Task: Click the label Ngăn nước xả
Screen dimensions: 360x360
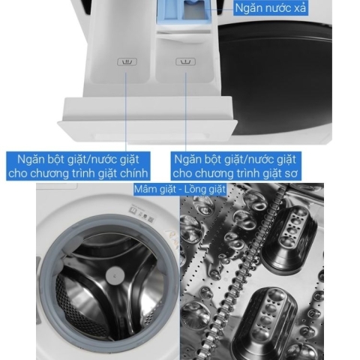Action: [270, 8]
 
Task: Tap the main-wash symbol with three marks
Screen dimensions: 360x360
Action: [127, 61]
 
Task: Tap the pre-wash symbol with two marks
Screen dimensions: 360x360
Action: [185, 61]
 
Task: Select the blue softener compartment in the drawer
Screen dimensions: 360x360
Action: [185, 12]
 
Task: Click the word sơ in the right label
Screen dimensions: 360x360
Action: [291, 173]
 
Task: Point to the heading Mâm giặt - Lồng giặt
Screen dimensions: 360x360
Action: [180, 189]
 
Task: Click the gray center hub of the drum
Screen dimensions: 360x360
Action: [115, 275]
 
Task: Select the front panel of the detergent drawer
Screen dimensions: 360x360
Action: [148, 118]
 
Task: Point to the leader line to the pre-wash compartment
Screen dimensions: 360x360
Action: [186, 112]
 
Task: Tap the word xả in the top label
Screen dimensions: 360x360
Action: [300, 8]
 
